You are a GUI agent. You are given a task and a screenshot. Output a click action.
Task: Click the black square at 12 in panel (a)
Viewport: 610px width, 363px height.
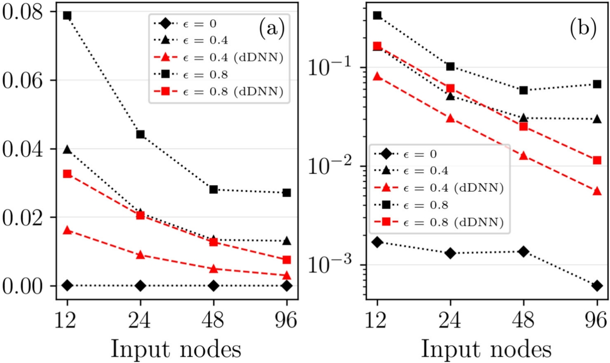[x=67, y=16]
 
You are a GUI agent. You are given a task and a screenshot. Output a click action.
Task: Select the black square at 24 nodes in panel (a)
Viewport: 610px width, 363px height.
[x=140, y=134]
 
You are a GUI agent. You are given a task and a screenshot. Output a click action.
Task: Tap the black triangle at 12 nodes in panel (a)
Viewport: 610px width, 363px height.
[x=67, y=150]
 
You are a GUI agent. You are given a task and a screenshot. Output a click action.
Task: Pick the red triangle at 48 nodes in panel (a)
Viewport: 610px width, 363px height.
[x=213, y=269]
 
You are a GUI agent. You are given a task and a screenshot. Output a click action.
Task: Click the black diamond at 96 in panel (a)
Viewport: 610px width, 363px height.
[x=286, y=286]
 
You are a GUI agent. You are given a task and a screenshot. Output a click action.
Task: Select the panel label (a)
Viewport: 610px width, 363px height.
[x=271, y=29]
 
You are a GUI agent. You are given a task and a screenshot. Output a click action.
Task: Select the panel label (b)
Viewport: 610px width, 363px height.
[x=583, y=29]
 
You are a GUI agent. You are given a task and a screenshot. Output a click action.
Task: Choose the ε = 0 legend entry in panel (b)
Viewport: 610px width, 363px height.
[x=412, y=154]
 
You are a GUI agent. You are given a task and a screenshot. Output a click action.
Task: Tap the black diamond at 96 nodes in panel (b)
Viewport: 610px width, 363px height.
[x=597, y=286]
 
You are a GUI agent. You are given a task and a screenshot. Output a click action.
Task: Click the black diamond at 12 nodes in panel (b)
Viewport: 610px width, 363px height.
[x=377, y=242]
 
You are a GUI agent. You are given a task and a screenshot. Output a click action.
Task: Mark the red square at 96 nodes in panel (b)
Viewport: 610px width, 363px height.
[x=597, y=160]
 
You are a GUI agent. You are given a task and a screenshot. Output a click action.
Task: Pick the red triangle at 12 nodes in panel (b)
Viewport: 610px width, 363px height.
[x=377, y=76]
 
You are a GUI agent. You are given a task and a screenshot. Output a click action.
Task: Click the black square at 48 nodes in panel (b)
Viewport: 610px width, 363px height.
[x=523, y=90]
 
